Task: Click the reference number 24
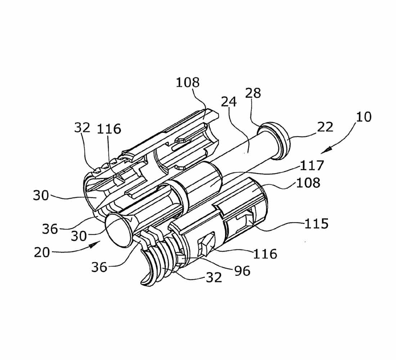(229, 102)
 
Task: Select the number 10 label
(364, 117)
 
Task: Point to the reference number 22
(325, 127)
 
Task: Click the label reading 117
(312, 166)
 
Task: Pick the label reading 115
(316, 224)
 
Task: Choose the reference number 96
(242, 271)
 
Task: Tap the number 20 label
(42, 252)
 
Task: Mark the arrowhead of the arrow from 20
(95, 244)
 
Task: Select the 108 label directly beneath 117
(308, 183)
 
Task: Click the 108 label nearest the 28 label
(188, 82)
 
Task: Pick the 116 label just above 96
(265, 254)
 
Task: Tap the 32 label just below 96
(214, 278)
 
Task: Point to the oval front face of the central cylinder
(118, 230)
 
